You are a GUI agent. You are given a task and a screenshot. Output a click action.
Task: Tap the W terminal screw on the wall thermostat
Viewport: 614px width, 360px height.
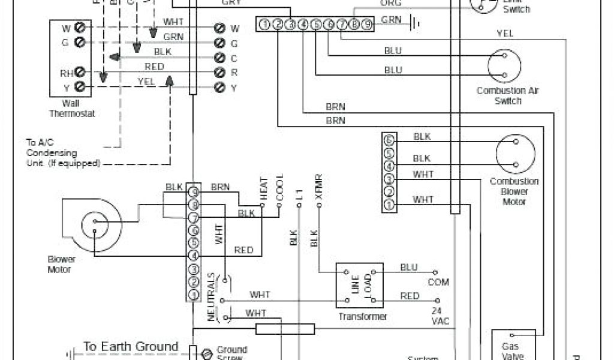tap(79, 28)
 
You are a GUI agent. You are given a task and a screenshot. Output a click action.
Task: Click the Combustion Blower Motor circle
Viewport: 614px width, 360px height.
tap(515, 154)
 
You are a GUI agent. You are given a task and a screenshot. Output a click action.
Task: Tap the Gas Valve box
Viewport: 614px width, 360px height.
tap(514, 345)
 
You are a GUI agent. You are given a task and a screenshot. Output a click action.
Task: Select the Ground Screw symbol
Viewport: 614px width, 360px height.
tap(207, 354)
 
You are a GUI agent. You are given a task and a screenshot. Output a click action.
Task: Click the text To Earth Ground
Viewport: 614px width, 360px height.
tap(131, 347)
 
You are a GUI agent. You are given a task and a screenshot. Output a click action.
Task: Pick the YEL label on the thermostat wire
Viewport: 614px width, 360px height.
tap(146, 81)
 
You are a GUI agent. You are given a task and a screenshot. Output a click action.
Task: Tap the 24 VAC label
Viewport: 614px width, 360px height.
tap(440, 316)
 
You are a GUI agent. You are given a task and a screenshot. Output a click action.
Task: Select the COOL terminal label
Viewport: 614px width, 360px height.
tap(279, 188)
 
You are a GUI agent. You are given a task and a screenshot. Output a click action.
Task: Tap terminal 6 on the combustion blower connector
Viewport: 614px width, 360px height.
tap(389, 140)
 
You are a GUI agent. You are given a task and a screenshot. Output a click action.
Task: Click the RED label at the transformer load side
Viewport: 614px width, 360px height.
tap(410, 296)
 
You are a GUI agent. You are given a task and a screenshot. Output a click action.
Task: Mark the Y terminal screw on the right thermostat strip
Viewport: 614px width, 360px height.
tap(219, 88)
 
